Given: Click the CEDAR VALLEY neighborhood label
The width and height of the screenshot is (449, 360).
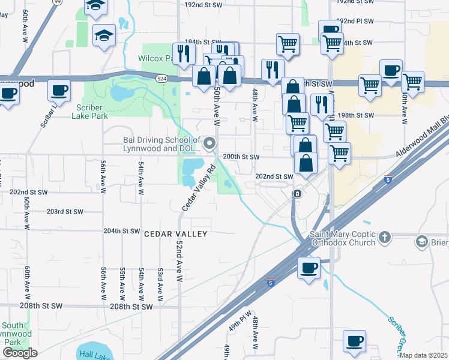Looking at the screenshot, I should [x=175, y=234].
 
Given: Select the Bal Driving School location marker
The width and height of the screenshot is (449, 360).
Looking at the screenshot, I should [x=209, y=143].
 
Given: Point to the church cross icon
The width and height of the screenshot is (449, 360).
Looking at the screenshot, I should [x=385, y=238].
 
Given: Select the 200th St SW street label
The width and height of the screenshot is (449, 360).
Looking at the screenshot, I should [x=241, y=157].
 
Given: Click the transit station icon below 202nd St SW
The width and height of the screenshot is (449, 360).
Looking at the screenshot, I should [x=297, y=194].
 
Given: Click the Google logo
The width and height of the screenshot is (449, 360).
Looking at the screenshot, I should [x=19, y=353].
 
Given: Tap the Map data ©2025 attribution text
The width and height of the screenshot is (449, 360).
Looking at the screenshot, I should [x=423, y=355].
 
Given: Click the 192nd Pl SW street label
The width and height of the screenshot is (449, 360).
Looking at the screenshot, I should [x=355, y=21].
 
